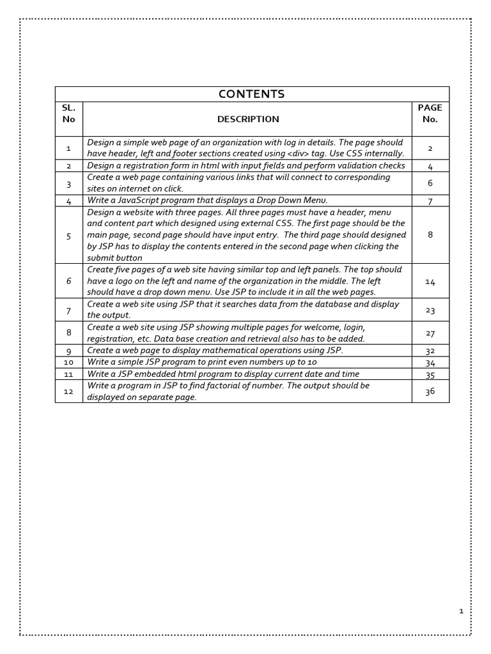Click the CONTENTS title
(251, 94)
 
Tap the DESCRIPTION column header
(248, 119)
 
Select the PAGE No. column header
(430, 114)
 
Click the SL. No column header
(69, 114)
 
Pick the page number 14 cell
(430, 280)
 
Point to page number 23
(430, 310)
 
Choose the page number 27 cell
(430, 333)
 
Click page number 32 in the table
(430, 351)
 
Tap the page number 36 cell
(430, 391)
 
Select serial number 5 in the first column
(69, 235)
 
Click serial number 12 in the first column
(69, 392)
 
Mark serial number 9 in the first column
(69, 351)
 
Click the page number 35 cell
(430, 374)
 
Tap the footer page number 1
(461, 611)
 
